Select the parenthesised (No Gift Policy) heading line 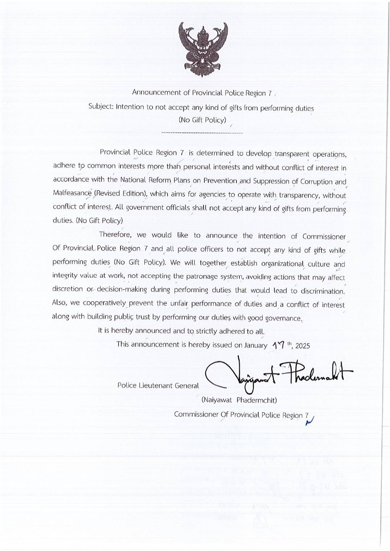[x=202, y=120]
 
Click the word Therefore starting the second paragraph [x=115, y=234]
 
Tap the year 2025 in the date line [x=303, y=346]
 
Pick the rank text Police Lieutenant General [x=158, y=385]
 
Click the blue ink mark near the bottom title [x=309, y=419]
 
